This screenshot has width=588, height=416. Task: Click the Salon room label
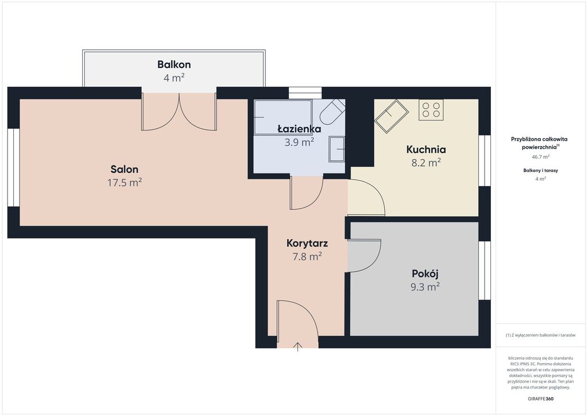click(125, 169)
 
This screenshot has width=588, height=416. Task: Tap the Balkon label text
click(174, 64)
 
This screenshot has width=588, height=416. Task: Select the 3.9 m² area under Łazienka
click(299, 142)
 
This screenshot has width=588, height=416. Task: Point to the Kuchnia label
click(426, 149)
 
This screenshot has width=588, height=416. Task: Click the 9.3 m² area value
click(425, 287)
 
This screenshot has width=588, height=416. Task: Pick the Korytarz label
click(307, 243)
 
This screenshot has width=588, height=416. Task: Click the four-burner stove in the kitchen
click(431, 110)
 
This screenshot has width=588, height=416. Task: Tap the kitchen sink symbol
click(392, 116)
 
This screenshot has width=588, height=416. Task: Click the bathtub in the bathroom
click(283, 117)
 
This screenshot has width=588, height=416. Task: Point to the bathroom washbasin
click(336, 149)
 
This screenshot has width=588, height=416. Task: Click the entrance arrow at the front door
click(298, 346)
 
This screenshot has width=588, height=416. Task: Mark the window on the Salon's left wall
click(14, 167)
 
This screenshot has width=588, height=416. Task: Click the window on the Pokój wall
click(485, 271)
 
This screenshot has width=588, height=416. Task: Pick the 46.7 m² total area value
click(540, 157)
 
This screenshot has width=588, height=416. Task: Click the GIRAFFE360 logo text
click(540, 399)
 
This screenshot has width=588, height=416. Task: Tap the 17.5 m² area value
click(125, 183)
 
